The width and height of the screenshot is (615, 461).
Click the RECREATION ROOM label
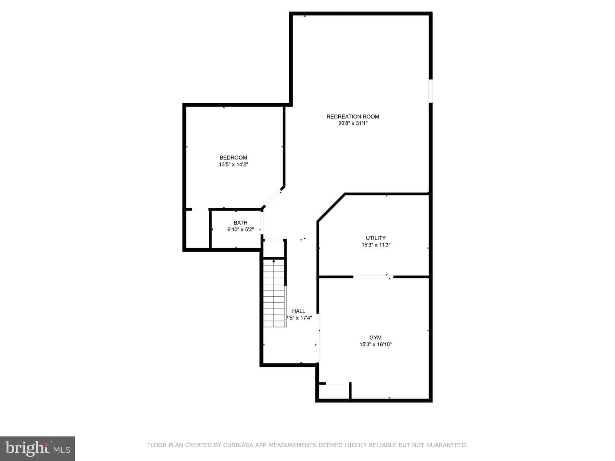click(x=353, y=117)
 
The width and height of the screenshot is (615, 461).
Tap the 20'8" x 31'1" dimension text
click(x=353, y=123)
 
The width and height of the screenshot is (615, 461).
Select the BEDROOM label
click(x=233, y=158)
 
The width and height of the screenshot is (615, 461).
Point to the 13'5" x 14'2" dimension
click(x=233, y=165)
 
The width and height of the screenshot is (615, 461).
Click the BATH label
click(x=240, y=223)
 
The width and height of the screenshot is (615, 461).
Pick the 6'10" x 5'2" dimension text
click(x=240, y=230)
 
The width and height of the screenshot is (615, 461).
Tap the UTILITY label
click(x=376, y=238)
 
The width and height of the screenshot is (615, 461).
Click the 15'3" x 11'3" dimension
click(x=376, y=245)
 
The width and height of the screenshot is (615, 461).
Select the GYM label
click(x=375, y=338)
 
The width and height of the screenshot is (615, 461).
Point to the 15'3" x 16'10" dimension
click(x=375, y=344)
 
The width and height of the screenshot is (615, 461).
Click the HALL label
click(x=299, y=311)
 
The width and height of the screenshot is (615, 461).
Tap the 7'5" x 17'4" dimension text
click(x=299, y=318)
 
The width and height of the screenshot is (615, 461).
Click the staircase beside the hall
click(x=274, y=293)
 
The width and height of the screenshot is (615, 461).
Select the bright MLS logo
click(x=38, y=448)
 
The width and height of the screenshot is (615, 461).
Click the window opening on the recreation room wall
click(x=430, y=91)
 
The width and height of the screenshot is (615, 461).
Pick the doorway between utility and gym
click(x=373, y=277)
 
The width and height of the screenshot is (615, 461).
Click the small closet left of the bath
click(x=198, y=228)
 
